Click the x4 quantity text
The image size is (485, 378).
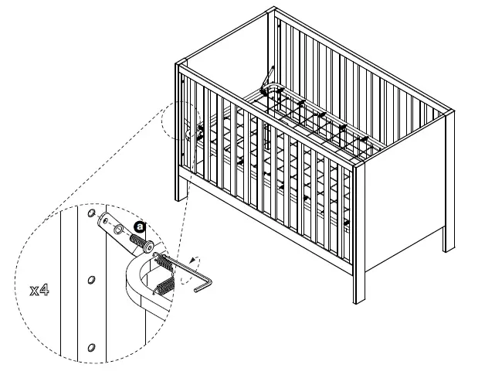point(41,291)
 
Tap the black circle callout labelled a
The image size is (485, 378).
point(139,226)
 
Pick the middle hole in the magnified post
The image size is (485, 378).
point(91,278)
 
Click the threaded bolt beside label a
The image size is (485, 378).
point(140,243)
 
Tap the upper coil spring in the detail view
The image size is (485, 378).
point(165,262)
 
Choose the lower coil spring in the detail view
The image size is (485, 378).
point(164,288)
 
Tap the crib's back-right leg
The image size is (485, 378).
point(449,240)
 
